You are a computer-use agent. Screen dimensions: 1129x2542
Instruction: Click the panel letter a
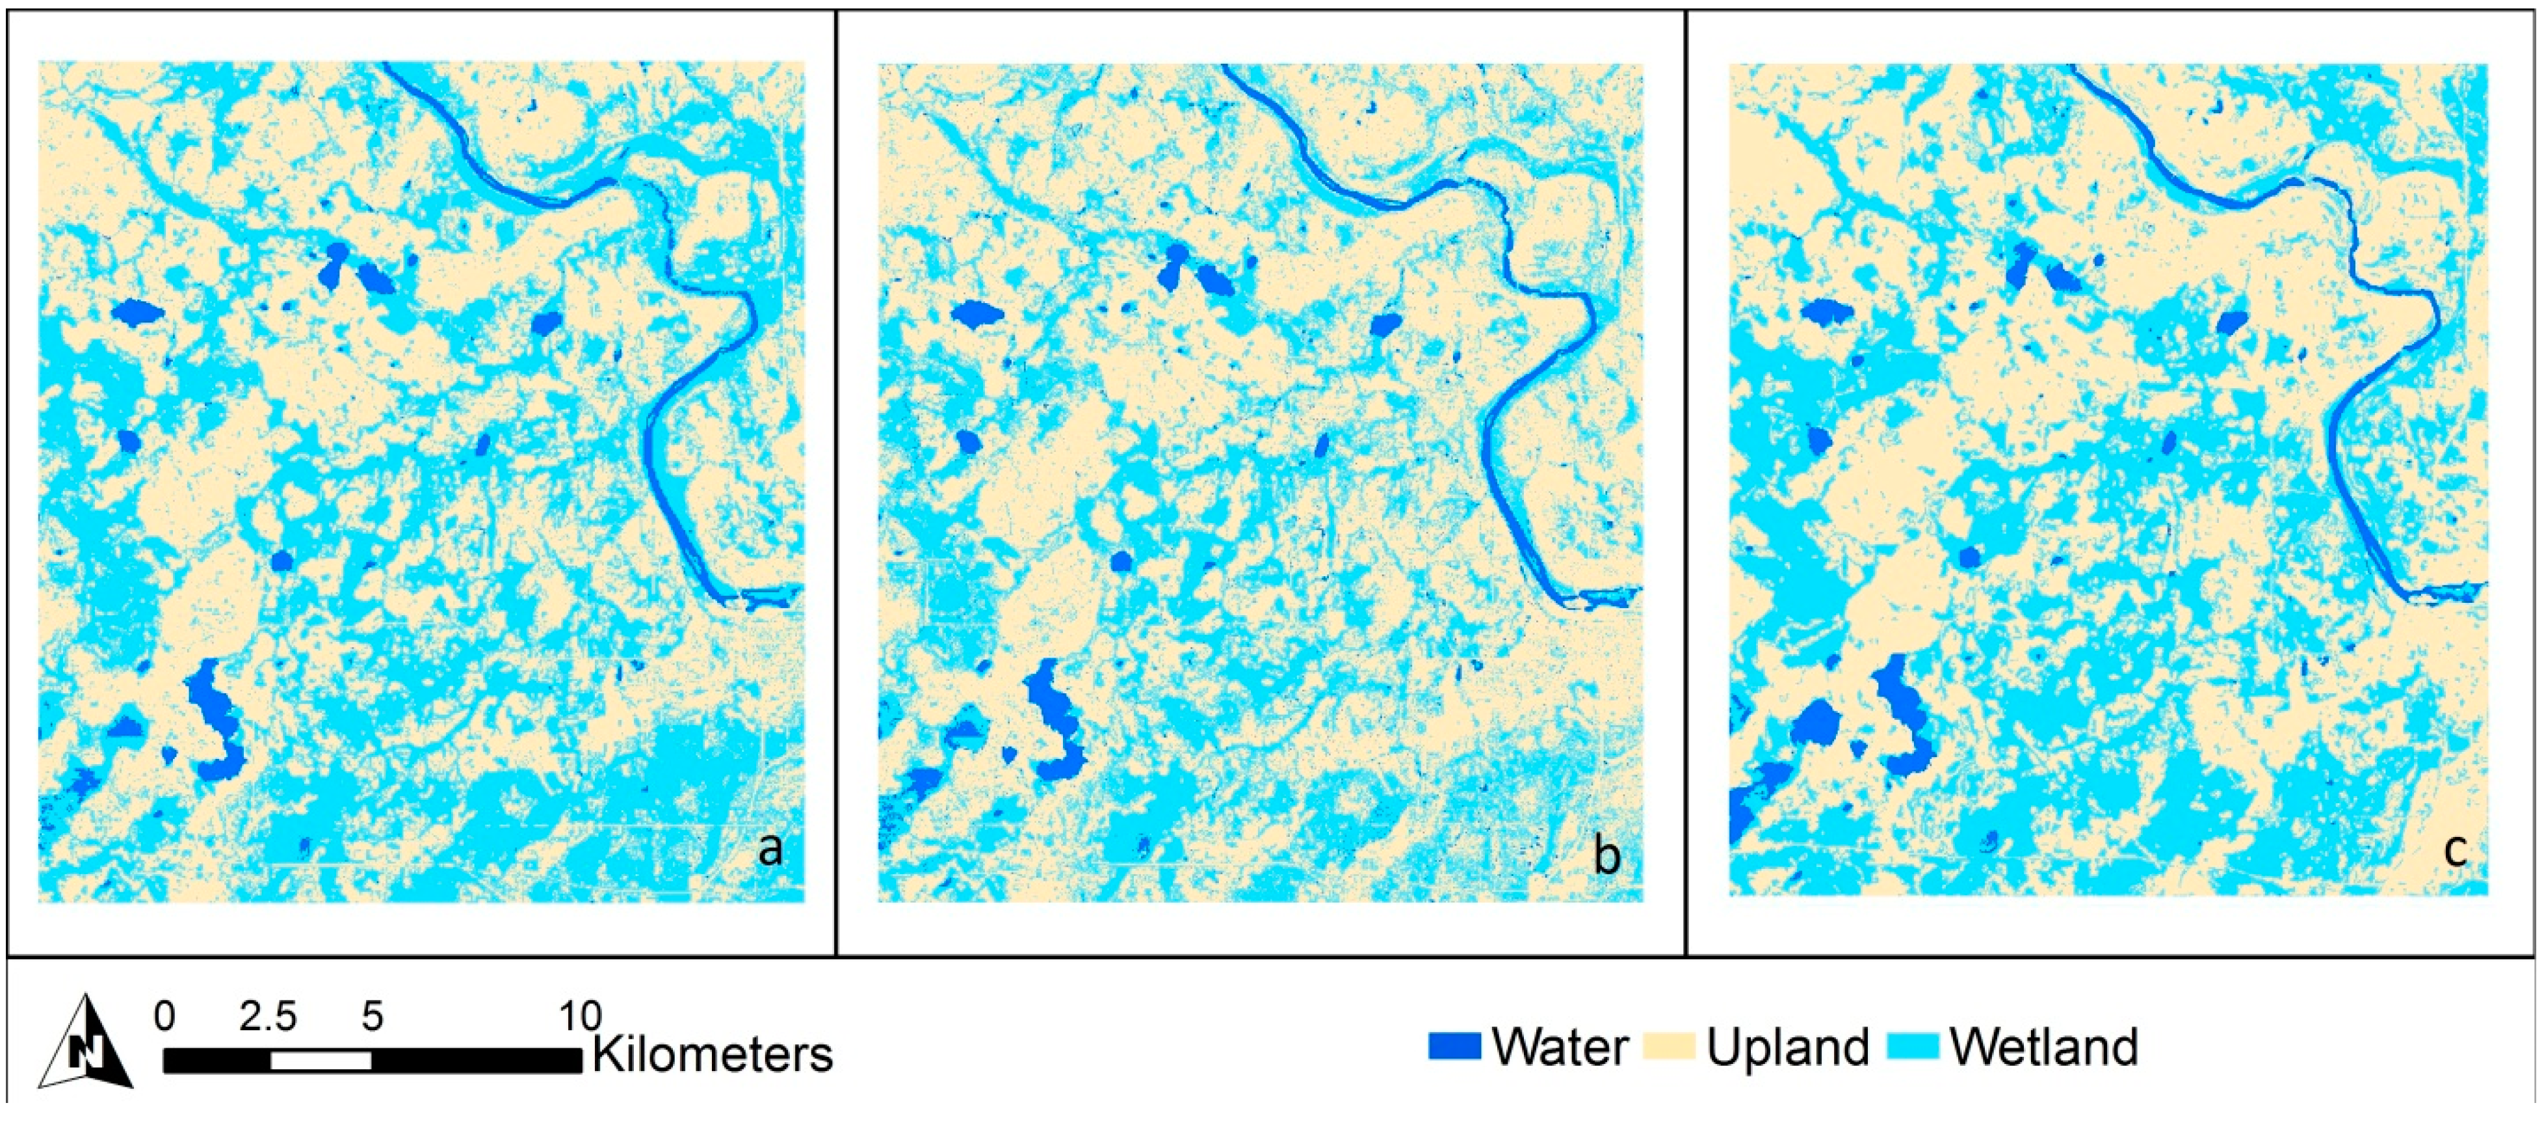point(770,849)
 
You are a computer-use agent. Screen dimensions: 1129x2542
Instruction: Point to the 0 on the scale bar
point(164,1015)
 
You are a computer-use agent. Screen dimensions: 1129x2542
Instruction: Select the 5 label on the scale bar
point(372,1015)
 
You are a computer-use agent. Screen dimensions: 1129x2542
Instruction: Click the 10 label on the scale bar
point(580,1015)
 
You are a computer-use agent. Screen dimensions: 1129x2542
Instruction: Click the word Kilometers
point(713,1054)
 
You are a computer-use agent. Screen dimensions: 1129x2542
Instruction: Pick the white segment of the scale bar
point(321,1060)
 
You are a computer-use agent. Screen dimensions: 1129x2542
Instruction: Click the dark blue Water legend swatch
point(1454,1046)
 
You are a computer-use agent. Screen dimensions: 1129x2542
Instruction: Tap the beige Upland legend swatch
point(1669,1046)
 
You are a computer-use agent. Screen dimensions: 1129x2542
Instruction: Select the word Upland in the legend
point(1788,1046)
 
